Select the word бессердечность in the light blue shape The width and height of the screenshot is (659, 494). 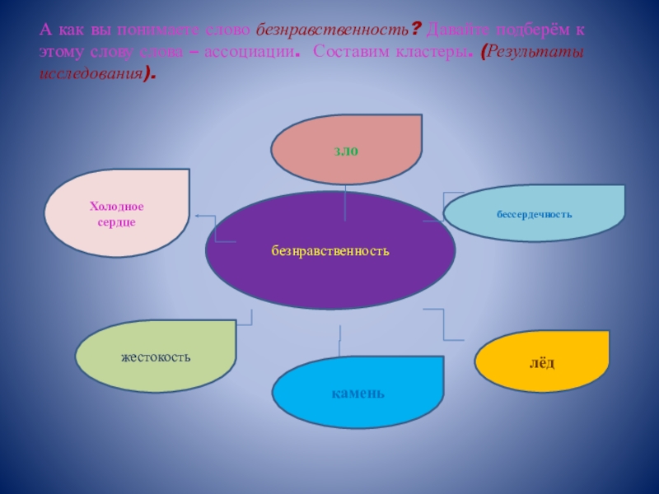[534, 214]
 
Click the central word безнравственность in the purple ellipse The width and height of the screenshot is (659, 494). [329, 249]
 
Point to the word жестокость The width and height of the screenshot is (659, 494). [156, 357]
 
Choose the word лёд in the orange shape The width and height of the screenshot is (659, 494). [542, 361]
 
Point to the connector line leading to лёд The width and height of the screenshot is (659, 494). [444, 325]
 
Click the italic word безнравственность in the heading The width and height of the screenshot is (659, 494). [333, 30]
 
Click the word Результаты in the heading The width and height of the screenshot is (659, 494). [535, 50]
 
